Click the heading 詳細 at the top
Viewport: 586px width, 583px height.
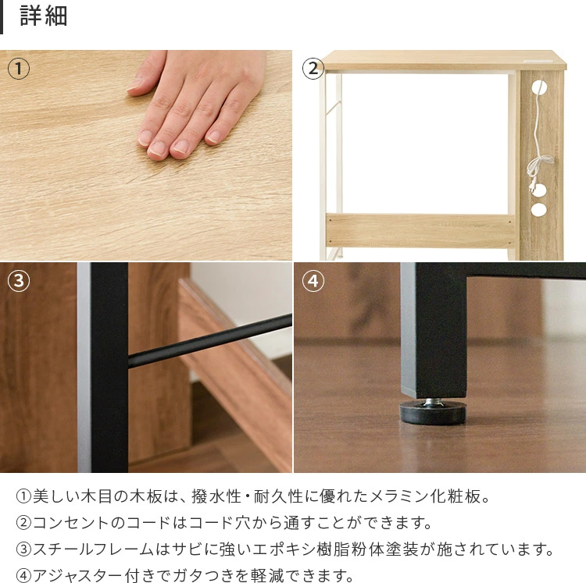click(x=43, y=16)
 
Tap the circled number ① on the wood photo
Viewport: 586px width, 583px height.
click(x=18, y=69)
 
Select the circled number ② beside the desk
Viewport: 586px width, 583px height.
click(x=313, y=69)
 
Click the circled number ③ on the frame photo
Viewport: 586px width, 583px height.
click(x=18, y=281)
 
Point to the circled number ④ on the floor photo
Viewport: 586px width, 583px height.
click(x=313, y=281)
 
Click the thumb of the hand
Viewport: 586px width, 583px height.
click(x=147, y=75)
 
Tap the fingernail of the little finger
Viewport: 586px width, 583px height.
click(x=214, y=137)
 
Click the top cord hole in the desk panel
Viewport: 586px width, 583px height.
click(x=538, y=87)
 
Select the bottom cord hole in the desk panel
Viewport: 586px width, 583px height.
click(x=538, y=210)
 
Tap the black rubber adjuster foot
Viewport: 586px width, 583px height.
click(x=433, y=413)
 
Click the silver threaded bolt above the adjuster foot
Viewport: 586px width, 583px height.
click(x=434, y=402)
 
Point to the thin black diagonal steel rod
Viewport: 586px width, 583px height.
click(x=210, y=341)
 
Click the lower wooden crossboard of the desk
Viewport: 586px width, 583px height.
click(x=420, y=230)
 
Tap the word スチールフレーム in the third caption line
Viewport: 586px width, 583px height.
click(x=94, y=549)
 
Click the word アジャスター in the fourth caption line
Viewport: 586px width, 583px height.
click(x=78, y=575)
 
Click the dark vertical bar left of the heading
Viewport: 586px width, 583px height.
click(x=2, y=17)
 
